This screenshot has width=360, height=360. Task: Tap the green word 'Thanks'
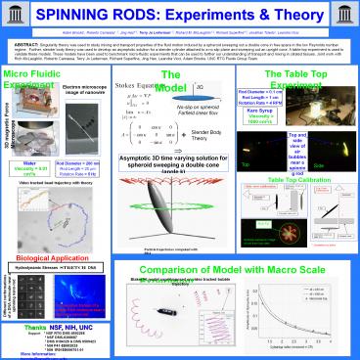pos(37,327)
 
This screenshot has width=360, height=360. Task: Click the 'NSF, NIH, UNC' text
pos(82,327)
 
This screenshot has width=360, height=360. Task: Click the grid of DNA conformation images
pos(29,293)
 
